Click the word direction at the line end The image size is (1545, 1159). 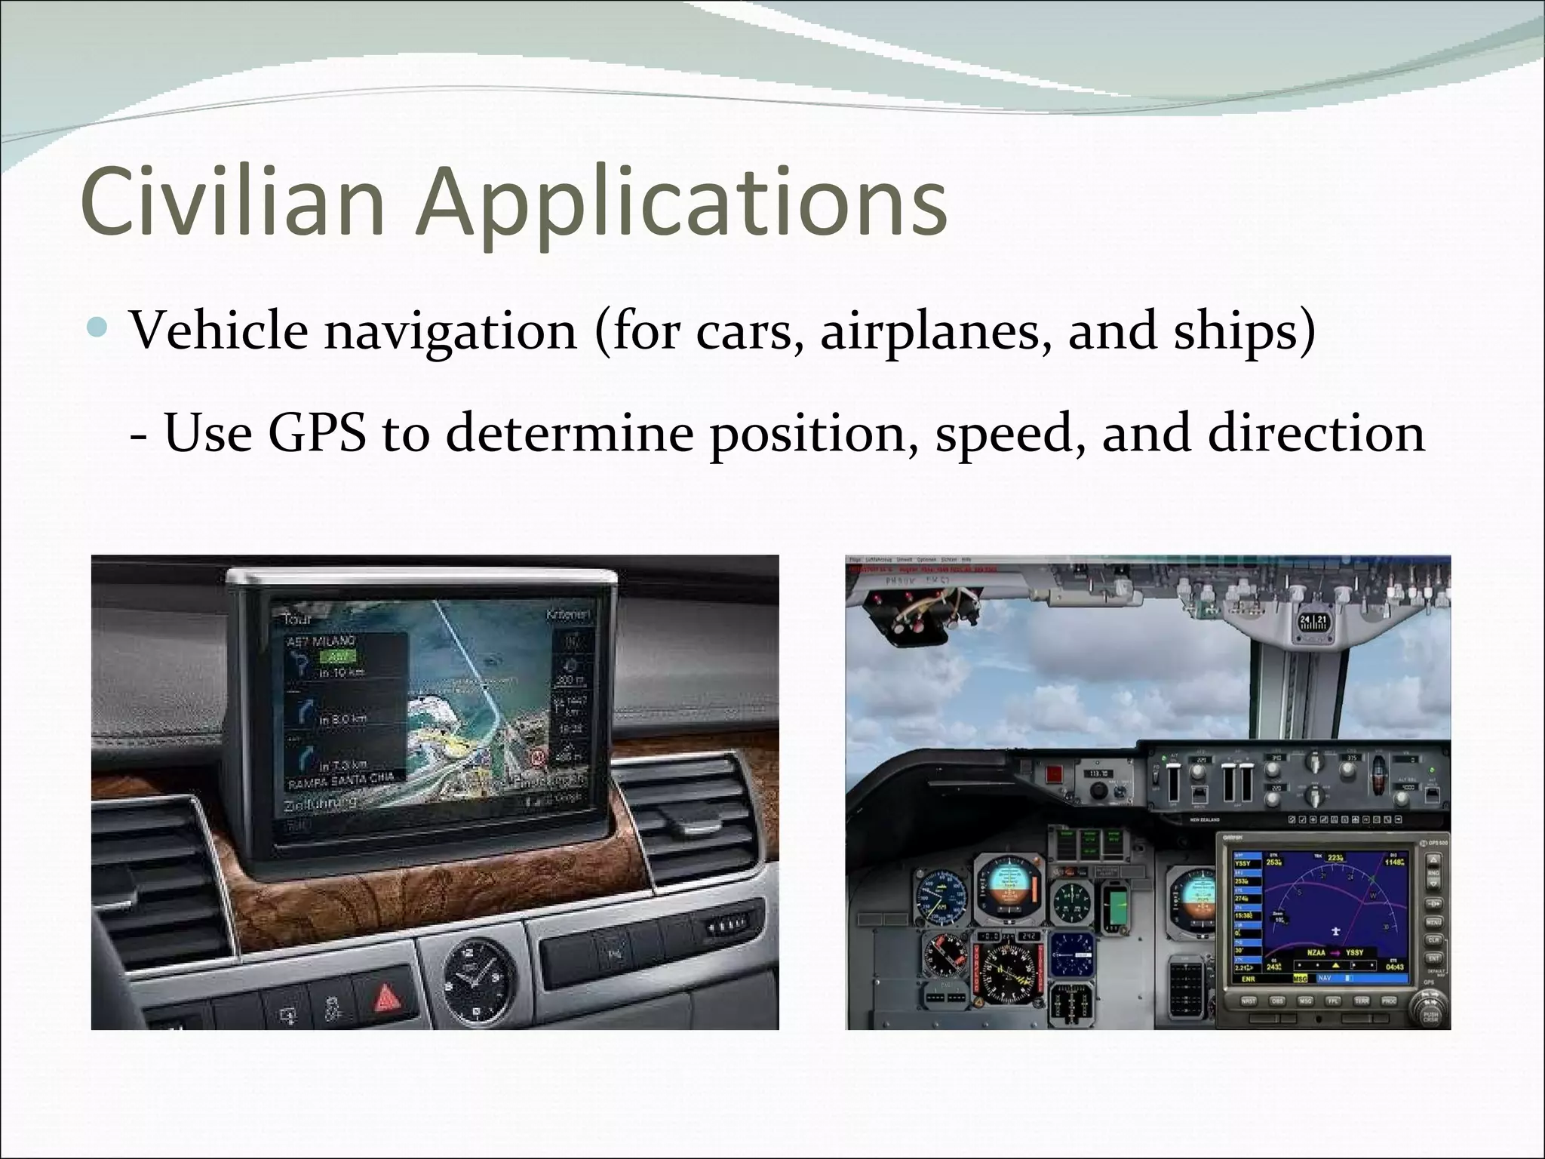tap(1316, 433)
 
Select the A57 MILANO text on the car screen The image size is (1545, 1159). tap(321, 641)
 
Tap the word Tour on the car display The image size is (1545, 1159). tap(297, 619)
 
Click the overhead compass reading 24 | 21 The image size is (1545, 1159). tap(1313, 622)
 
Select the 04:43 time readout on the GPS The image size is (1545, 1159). tap(1394, 967)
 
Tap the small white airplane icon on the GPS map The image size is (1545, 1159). tap(1335, 930)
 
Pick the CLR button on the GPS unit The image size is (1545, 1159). tap(1432, 940)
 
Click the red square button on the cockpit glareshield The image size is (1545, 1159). tap(1053, 773)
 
